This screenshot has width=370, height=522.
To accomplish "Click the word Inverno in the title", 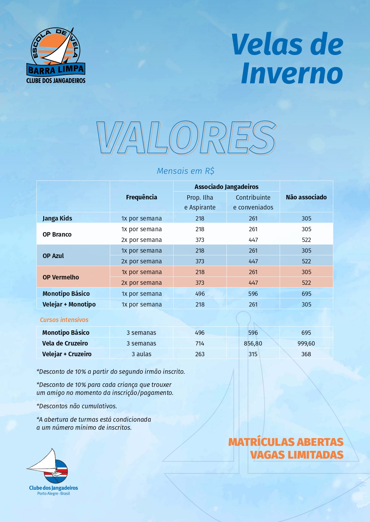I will point(292,74).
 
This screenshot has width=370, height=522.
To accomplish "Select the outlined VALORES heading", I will point(186,138).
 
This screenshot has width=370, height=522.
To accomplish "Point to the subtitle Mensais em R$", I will point(185,171).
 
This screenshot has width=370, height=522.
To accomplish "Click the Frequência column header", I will point(141,197).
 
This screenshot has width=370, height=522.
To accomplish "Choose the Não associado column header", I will point(306,197).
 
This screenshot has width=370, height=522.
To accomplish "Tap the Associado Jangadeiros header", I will point(226,187).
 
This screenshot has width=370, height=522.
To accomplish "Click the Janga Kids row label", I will point(57,218).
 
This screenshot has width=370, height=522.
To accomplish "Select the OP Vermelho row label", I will point(61,277).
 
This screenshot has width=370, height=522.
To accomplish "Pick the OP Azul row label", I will point(53,256).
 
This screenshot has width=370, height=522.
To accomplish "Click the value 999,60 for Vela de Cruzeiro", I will point(306,343).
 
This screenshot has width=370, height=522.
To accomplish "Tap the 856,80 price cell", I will point(253,343).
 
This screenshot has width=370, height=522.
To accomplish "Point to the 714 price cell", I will point(200,343).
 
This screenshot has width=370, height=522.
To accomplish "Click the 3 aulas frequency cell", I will point(141,354).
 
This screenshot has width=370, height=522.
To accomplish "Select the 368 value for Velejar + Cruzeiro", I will point(306,354).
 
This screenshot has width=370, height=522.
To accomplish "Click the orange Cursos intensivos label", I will point(64,320).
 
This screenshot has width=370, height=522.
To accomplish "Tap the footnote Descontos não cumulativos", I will point(77,406).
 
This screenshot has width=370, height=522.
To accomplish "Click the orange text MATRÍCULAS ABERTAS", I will point(286,442).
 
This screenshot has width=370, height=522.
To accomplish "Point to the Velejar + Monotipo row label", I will point(69,304).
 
